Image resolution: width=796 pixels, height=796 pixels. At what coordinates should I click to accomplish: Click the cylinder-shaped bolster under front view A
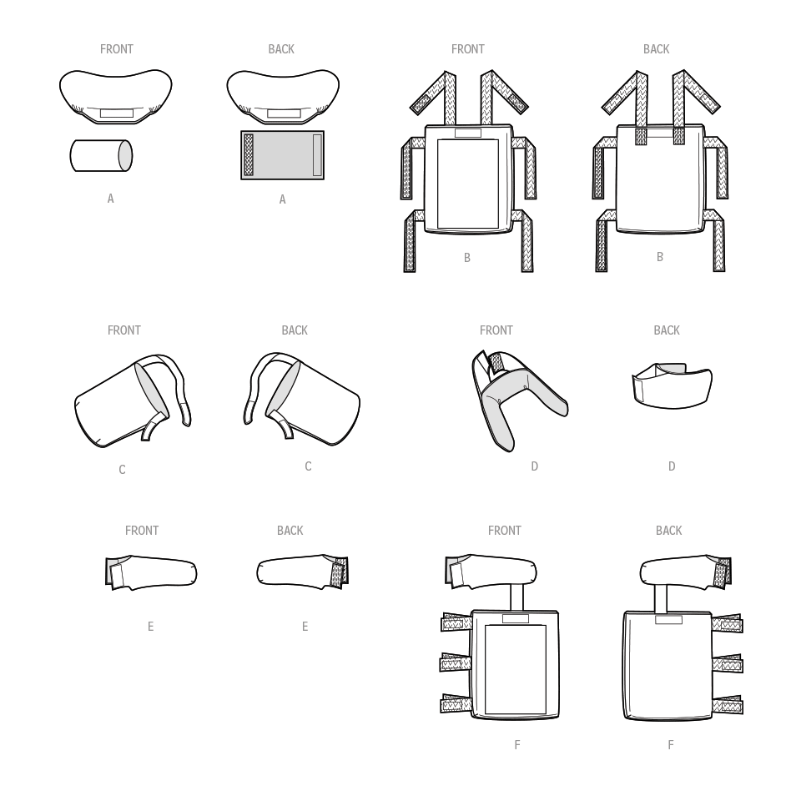(101, 155)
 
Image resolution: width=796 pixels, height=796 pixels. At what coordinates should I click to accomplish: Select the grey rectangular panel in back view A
(282, 155)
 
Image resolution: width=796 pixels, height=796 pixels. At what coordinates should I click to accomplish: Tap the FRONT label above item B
(467, 49)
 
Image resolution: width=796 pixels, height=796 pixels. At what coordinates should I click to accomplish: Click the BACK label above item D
(666, 330)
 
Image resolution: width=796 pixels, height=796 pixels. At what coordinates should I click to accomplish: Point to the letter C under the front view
(122, 470)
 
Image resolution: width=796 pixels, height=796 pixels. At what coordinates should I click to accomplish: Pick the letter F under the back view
(671, 745)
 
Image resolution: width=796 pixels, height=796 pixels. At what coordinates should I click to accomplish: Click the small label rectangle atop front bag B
(467, 133)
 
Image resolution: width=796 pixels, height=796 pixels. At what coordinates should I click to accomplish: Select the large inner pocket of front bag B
(467, 184)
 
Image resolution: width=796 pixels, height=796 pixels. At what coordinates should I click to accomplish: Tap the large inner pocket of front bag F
(516, 669)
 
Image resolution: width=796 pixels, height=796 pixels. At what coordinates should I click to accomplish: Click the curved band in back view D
(672, 385)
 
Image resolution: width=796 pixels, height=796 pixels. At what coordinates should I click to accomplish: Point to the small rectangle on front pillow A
(116, 113)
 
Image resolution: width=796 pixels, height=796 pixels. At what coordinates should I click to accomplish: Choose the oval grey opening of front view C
(151, 390)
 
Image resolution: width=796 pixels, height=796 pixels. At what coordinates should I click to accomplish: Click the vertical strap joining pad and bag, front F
(516, 597)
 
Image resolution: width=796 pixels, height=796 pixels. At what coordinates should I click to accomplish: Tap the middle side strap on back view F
(728, 664)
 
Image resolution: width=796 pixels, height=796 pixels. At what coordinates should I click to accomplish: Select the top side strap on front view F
(456, 622)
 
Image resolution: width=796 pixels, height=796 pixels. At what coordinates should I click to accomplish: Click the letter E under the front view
(150, 627)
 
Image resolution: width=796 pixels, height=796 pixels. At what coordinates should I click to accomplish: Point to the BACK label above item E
(290, 531)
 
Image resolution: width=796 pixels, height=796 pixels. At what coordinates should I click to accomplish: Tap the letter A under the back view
(282, 199)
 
